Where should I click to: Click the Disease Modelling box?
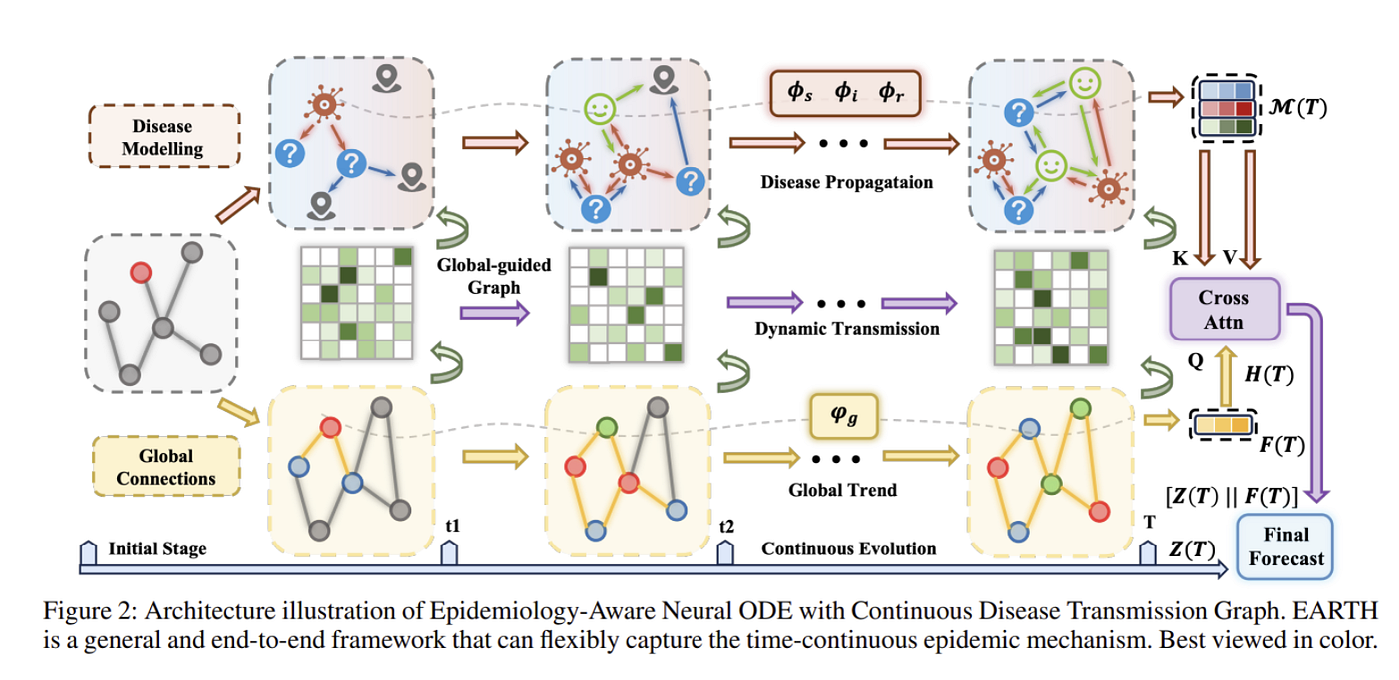coord(164,136)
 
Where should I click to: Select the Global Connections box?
coord(166,466)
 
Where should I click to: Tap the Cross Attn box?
coord(1224,309)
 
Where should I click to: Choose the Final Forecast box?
coord(1285,546)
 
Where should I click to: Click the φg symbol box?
coord(843,416)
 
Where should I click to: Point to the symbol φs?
coord(800,92)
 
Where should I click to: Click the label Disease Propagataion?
coord(847,182)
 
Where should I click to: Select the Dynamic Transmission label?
coord(847,329)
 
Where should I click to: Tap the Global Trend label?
coord(842,490)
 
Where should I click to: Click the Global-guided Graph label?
coord(494,276)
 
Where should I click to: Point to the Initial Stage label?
coord(158,549)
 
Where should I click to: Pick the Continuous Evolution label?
coord(848,549)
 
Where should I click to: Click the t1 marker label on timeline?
coord(452,526)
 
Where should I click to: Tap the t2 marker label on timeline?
coord(726,527)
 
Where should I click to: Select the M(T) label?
coord(1298,107)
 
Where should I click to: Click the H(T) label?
coord(1269,374)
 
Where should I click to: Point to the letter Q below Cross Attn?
coord(1195,361)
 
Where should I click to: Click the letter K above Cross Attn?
coord(1180,258)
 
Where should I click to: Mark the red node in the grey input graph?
coord(141,273)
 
